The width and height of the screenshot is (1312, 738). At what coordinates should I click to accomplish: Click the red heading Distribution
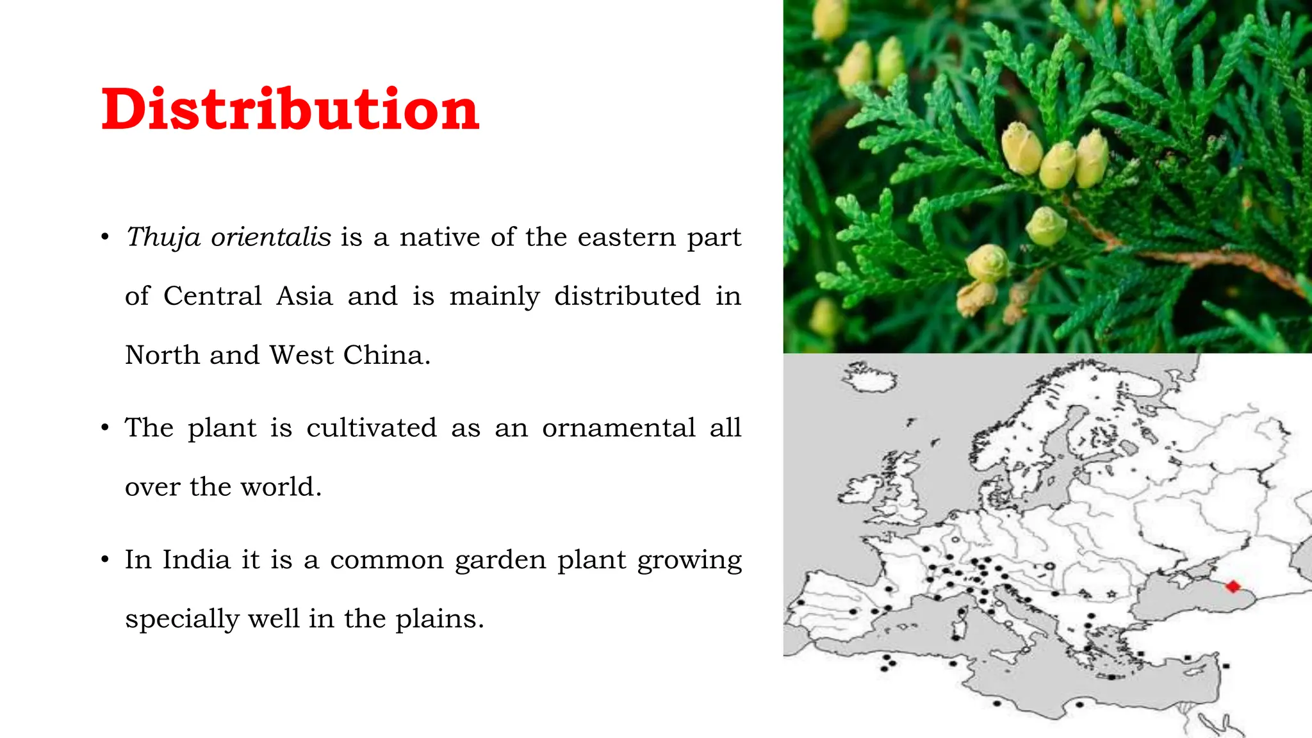(x=290, y=110)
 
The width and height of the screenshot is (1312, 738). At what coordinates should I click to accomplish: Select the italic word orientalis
(x=271, y=237)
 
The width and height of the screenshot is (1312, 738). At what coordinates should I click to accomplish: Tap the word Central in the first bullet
(x=212, y=296)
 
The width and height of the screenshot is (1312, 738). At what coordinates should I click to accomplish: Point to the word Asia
(x=304, y=296)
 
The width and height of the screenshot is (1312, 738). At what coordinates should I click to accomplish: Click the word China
(x=386, y=355)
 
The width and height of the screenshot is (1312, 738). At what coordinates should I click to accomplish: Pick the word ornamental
(x=618, y=428)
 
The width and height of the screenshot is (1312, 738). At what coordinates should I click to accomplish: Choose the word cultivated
(x=372, y=428)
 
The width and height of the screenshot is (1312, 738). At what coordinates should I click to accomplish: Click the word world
(x=281, y=487)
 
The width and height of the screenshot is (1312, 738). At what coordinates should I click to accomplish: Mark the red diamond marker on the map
(x=1233, y=586)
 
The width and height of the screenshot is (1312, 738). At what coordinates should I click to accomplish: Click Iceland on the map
(x=869, y=379)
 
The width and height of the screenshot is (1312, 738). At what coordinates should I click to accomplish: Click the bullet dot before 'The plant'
(x=106, y=428)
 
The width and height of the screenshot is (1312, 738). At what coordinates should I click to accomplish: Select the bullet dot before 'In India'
(x=106, y=560)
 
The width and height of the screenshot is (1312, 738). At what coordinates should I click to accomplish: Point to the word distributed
(x=627, y=296)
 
